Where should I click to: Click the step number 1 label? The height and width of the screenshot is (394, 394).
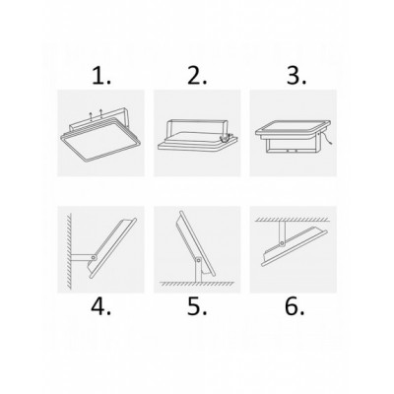[101, 76]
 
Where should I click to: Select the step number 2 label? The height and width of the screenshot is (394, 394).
[197, 76]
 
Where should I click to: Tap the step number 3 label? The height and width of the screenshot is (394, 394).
[296, 76]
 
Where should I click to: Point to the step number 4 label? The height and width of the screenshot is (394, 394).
[101, 306]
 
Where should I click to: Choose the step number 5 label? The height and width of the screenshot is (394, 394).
[197, 306]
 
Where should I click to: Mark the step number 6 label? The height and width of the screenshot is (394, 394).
[295, 306]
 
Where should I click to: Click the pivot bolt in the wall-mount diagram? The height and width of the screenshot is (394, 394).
[94, 258]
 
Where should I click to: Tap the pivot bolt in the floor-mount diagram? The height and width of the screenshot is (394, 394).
[198, 260]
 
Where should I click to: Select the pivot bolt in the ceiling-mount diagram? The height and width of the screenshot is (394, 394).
[282, 244]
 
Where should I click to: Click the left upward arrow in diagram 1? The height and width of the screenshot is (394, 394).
[92, 116]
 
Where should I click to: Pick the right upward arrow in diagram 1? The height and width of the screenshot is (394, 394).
[101, 113]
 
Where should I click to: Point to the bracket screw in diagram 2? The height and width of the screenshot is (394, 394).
[225, 138]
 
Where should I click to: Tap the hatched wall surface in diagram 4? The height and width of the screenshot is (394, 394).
[69, 251]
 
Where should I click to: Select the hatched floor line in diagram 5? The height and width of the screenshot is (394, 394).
[197, 283]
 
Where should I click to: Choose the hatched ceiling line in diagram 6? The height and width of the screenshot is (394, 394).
[293, 219]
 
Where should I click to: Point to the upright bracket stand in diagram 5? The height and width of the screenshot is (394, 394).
[199, 270]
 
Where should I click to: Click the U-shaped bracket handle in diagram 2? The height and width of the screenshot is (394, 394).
[196, 121]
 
